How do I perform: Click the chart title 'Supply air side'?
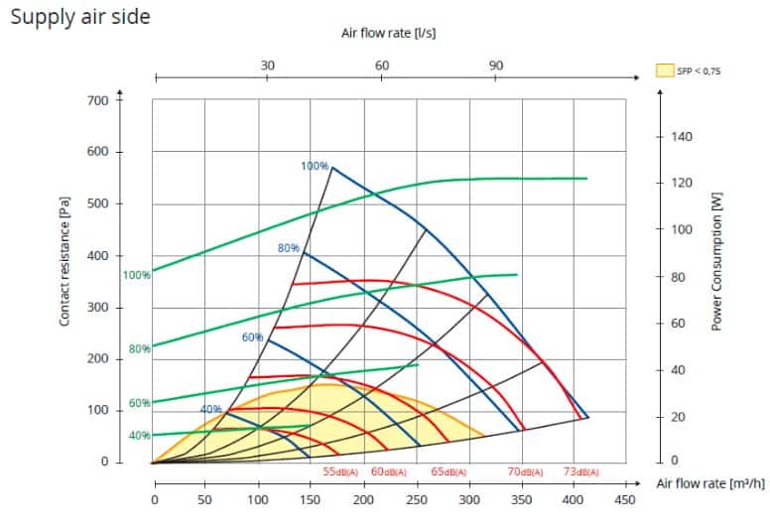79,17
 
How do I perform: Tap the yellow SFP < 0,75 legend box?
665,71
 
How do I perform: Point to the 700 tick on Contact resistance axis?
97,100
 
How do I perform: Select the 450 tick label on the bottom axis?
624,500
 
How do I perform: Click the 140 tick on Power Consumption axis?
684,136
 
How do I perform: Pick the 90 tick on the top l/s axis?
495,66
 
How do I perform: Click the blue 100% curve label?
315,166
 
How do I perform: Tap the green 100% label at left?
137,274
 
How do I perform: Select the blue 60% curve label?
252,337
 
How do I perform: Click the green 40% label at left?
139,436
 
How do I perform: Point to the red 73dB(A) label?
582,471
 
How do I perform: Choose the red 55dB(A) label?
344,471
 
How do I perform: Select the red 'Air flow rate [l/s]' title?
388,33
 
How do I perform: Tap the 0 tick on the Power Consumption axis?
675,462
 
